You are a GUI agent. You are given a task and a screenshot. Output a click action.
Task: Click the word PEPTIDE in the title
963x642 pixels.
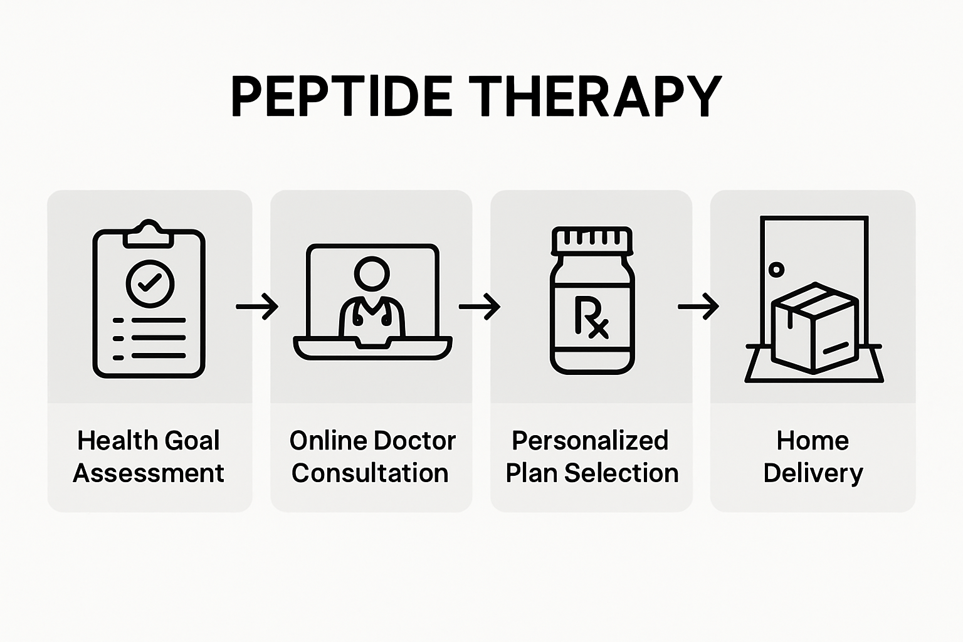[x=342, y=97]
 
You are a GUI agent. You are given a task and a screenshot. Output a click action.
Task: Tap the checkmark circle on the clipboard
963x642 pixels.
[x=150, y=283]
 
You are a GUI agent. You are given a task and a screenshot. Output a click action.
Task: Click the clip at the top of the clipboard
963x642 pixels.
[x=149, y=234]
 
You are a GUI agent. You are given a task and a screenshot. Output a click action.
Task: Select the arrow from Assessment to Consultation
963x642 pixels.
[x=257, y=307]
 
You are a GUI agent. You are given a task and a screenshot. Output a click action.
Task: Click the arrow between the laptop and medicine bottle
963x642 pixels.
[x=480, y=307]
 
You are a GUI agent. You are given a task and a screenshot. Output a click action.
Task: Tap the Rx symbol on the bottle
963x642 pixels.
[x=591, y=317]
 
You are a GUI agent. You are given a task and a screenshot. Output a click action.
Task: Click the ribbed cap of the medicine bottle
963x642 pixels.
[x=592, y=239]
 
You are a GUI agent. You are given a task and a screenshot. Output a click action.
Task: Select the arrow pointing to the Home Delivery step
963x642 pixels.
[x=698, y=307]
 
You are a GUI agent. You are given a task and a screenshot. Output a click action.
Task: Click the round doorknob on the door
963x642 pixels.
[x=776, y=270]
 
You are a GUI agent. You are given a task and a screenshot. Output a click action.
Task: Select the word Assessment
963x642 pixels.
[x=149, y=473]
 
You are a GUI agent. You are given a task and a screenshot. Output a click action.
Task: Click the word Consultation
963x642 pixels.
[x=371, y=473]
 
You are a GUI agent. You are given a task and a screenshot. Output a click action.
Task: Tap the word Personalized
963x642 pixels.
[x=590, y=440]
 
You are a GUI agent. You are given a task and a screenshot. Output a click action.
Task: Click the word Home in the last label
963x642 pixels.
[x=813, y=440]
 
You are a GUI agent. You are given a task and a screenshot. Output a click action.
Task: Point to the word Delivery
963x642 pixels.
[x=813, y=473]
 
